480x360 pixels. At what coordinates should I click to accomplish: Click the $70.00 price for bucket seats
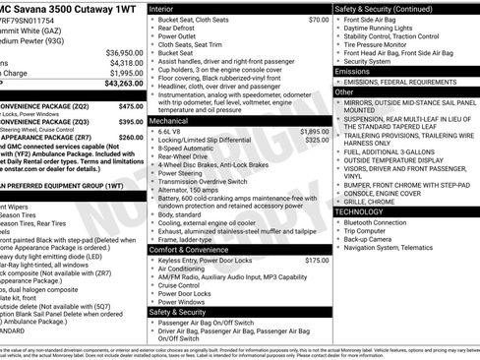click(318, 20)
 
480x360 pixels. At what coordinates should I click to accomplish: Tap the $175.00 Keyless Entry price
click(317, 261)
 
